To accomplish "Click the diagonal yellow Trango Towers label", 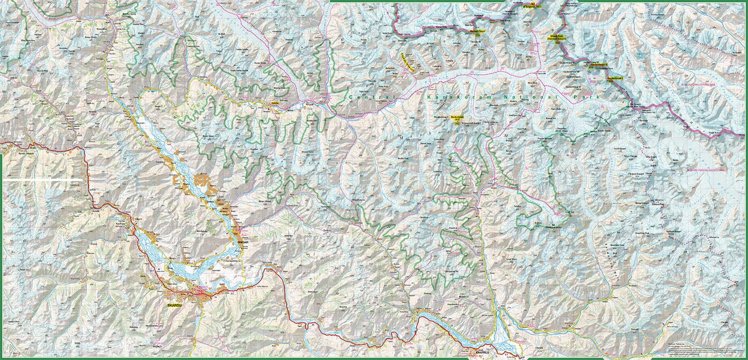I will click(408, 63).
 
